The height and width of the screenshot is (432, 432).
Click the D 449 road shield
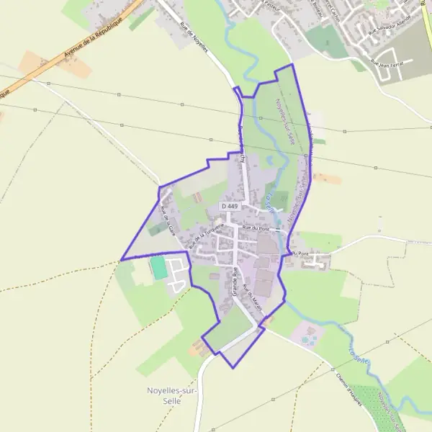230,207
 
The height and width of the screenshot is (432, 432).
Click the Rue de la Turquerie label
202,238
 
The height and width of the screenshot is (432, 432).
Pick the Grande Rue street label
235,283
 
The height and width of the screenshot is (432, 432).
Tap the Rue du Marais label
250,296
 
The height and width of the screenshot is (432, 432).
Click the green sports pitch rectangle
158,268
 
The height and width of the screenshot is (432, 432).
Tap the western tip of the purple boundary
121,259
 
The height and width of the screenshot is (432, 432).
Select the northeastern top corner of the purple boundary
292,66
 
